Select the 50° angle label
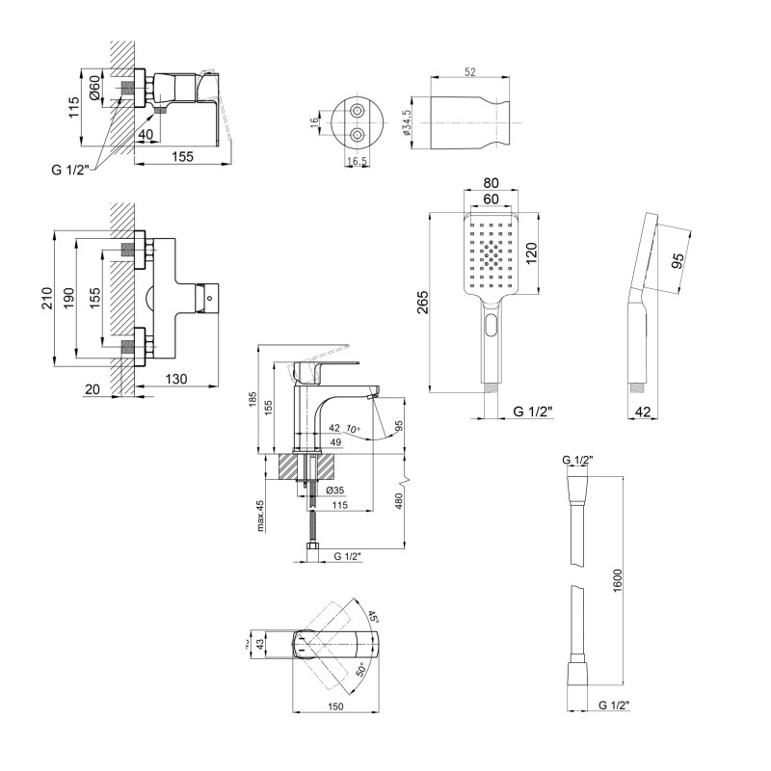point(361,669)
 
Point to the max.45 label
point(259,518)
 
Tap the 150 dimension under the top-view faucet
point(336,706)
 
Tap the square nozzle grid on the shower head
point(492,255)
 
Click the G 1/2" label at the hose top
point(577,461)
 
